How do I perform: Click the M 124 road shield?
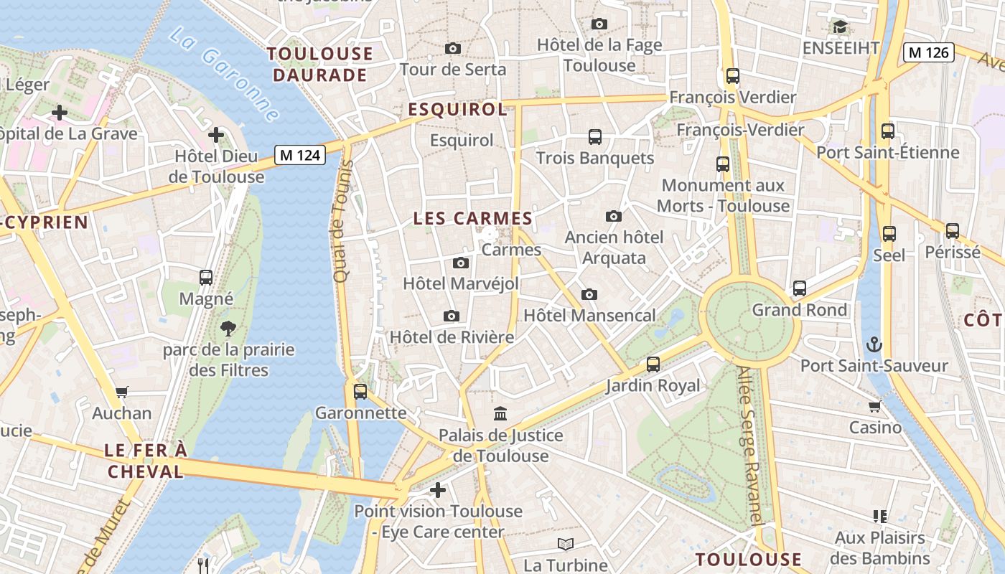click(x=300, y=154)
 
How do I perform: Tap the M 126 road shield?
click(x=929, y=52)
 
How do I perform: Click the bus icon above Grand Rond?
click(x=799, y=288)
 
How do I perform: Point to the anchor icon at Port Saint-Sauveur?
click(x=874, y=344)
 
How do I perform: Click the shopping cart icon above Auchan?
click(x=121, y=392)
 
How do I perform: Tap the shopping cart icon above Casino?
click(x=874, y=406)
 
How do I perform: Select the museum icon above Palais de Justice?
click(x=500, y=413)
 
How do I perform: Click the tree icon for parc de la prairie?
click(x=228, y=329)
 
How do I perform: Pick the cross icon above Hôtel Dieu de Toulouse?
click(x=216, y=134)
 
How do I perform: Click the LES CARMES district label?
click(x=472, y=219)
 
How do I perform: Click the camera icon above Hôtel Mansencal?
click(x=589, y=294)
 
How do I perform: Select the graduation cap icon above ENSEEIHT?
click(x=839, y=27)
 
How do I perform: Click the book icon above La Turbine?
click(x=566, y=544)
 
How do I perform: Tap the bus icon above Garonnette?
click(x=360, y=392)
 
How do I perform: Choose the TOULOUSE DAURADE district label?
click(x=320, y=65)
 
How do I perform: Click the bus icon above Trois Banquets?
click(x=594, y=136)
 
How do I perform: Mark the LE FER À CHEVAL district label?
click(x=145, y=461)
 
